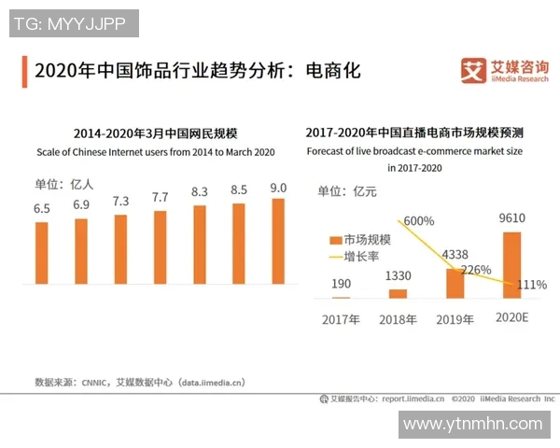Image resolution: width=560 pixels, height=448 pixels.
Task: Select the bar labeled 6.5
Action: pos(42,253)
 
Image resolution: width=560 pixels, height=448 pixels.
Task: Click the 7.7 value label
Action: pos(160,197)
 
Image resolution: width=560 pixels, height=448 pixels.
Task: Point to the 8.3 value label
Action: pos(200,191)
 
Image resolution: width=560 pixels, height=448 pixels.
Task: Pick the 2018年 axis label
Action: pos(398,318)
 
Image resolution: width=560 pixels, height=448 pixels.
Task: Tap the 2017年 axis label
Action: pos(341,318)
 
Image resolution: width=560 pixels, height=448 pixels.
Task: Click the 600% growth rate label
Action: pos(419,221)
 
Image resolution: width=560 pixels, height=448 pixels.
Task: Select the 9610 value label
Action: pos(512,218)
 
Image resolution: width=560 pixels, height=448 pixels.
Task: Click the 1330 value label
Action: pos(398,276)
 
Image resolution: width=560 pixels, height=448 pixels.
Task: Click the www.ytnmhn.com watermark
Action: pos(472,424)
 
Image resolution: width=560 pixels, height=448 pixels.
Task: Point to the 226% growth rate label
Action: pos(475,271)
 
